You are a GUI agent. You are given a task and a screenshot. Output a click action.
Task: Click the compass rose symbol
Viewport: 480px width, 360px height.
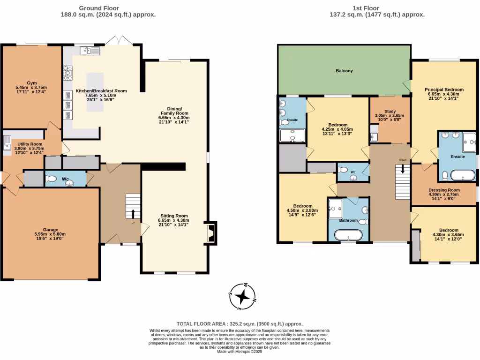242,297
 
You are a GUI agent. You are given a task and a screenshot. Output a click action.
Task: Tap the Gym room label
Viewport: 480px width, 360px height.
31,83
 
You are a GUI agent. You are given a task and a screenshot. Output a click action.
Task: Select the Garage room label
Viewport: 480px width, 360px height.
51,230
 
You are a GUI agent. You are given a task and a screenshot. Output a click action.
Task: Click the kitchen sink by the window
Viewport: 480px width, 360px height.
90,51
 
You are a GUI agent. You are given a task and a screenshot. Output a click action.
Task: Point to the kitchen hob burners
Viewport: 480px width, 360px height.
67,73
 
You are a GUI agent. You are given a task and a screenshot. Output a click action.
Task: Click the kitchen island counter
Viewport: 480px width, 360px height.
95,92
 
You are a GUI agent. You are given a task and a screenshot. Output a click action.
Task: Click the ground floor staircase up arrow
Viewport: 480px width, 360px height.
133,214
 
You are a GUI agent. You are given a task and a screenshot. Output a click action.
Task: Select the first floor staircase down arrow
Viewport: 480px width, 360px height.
403,169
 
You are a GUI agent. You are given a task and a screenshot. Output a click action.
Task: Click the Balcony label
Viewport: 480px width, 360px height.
344,71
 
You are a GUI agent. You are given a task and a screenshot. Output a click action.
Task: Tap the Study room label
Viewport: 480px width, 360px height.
390,111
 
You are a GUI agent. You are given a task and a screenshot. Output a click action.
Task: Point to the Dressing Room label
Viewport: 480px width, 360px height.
444,190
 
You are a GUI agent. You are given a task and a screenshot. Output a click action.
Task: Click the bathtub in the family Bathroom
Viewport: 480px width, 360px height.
348,235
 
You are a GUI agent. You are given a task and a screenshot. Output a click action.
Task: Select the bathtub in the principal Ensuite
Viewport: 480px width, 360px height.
463,176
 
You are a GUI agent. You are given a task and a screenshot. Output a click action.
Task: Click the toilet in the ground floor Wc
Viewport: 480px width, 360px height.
52,179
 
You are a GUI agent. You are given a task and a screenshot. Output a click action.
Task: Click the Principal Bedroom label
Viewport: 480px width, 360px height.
444,90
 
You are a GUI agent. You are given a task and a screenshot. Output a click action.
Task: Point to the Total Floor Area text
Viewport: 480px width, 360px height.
240,324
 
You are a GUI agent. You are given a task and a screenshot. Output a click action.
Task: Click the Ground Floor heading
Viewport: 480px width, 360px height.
99,8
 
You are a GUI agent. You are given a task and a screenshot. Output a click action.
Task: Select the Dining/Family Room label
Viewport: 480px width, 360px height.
174,111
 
